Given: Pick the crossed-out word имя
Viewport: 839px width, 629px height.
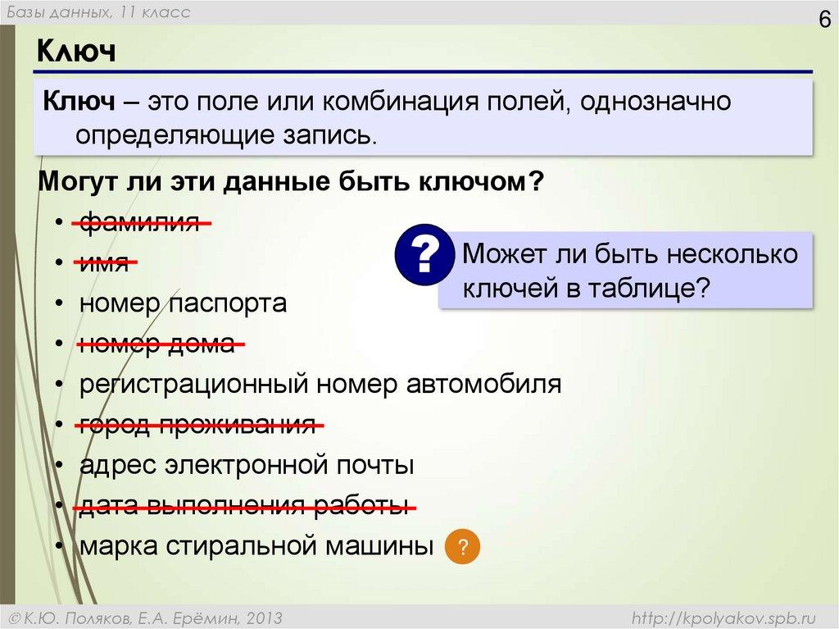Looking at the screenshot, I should pos(104,262).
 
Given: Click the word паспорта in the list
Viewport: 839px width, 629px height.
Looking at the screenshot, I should pos(229,304).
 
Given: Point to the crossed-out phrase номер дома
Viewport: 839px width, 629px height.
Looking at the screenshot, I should pos(157,344).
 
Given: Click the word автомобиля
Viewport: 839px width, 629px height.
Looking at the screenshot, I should pos(483,385).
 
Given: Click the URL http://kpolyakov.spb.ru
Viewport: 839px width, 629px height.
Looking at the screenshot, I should pos(724,617).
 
